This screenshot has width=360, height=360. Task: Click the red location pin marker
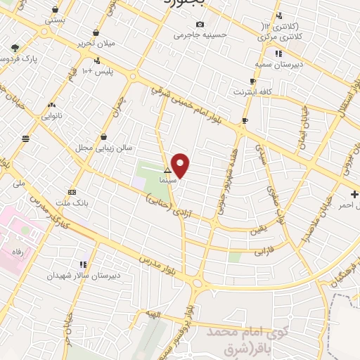tap(181, 165)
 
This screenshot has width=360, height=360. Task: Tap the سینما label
tap(167, 181)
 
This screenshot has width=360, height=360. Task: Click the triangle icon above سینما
tap(167, 171)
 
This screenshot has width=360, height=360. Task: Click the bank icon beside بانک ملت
tap(72, 192)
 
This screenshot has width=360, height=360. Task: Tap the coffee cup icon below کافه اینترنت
tap(244, 120)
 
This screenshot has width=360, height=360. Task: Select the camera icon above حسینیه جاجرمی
tap(200, 24)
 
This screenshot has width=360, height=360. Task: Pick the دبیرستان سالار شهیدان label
tap(70, 276)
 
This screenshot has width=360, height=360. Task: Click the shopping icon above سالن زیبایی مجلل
tap(104, 136)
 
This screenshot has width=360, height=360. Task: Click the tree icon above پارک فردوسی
tap(15, 48)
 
